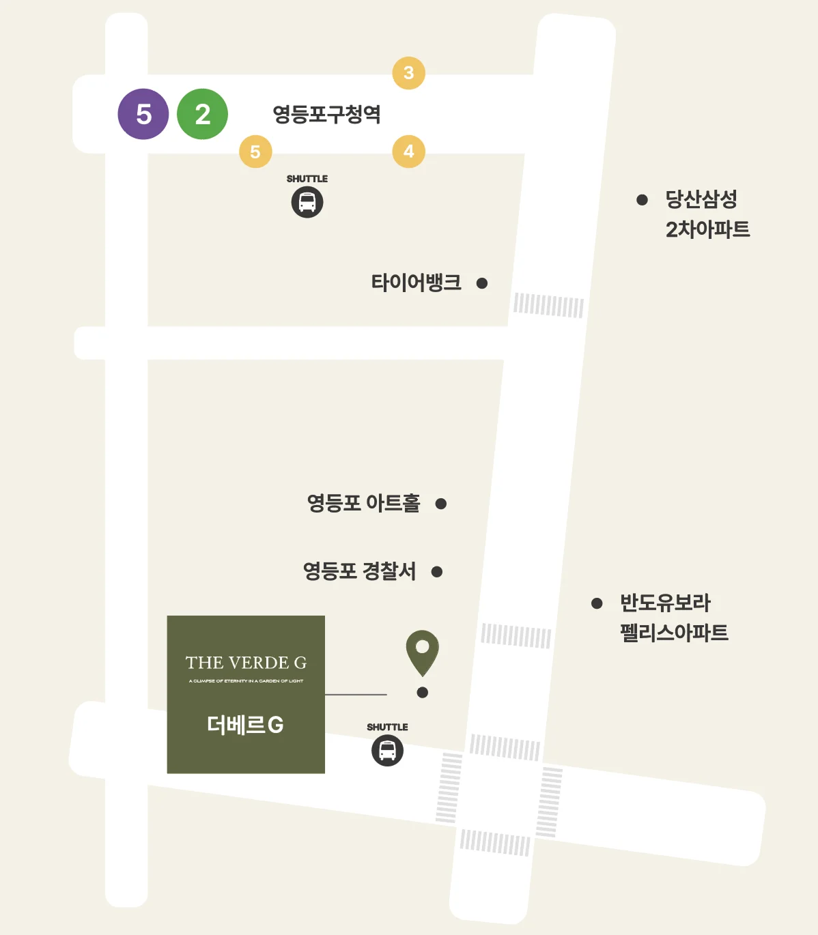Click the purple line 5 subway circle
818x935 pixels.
pyautogui.click(x=143, y=114)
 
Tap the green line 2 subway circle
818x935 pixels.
pyautogui.click(x=202, y=114)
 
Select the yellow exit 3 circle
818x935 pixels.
pyautogui.click(x=408, y=73)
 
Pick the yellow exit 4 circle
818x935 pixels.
pyautogui.click(x=408, y=152)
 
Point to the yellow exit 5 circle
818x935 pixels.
pyautogui.click(x=255, y=152)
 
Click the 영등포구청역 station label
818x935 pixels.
pyautogui.click(x=326, y=114)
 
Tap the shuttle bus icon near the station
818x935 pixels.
pyautogui.click(x=307, y=203)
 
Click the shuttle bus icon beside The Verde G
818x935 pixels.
pyautogui.click(x=387, y=751)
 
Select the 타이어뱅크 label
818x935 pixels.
pyautogui.click(x=416, y=283)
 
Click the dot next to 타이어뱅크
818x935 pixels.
pyautogui.click(x=482, y=283)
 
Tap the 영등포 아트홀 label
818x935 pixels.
pyautogui.click(x=363, y=504)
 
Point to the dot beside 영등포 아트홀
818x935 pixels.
pyautogui.click(x=441, y=504)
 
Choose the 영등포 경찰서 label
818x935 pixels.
pyautogui.click(x=359, y=571)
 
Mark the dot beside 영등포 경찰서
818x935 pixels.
pyautogui.click(x=437, y=572)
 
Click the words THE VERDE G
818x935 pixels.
pyautogui.click(x=246, y=663)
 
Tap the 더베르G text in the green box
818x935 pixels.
pyautogui.click(x=245, y=725)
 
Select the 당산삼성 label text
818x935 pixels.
pyautogui.click(x=701, y=199)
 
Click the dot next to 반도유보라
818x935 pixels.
pyautogui.click(x=597, y=603)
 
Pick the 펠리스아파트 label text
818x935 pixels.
pyautogui.click(x=674, y=633)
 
